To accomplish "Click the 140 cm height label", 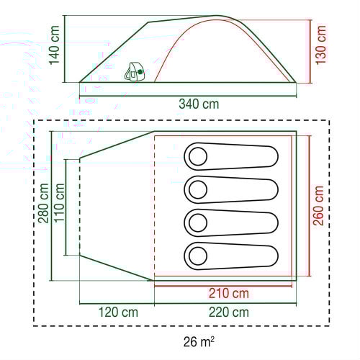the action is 55,45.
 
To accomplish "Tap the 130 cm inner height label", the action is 321,45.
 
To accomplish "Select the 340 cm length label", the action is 199,104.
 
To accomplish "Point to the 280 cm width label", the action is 44,203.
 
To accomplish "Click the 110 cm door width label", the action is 59,203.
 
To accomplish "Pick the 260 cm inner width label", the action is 318,206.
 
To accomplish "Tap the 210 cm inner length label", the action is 229,293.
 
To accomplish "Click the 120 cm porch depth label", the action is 118,312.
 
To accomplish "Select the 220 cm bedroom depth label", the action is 229,312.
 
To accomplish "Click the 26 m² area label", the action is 199,341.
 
